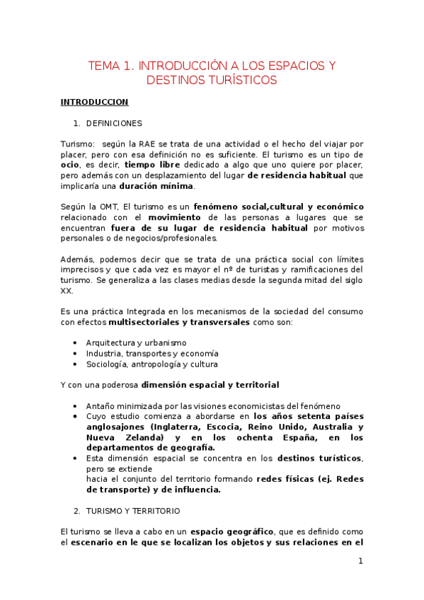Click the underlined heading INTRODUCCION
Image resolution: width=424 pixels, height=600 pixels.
(x=94, y=102)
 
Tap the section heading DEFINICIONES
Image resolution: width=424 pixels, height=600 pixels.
(x=114, y=123)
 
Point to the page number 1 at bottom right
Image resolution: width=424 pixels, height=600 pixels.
(x=360, y=562)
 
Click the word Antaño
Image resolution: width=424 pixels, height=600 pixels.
(x=101, y=406)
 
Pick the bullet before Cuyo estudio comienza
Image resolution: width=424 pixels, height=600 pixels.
(x=76, y=417)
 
